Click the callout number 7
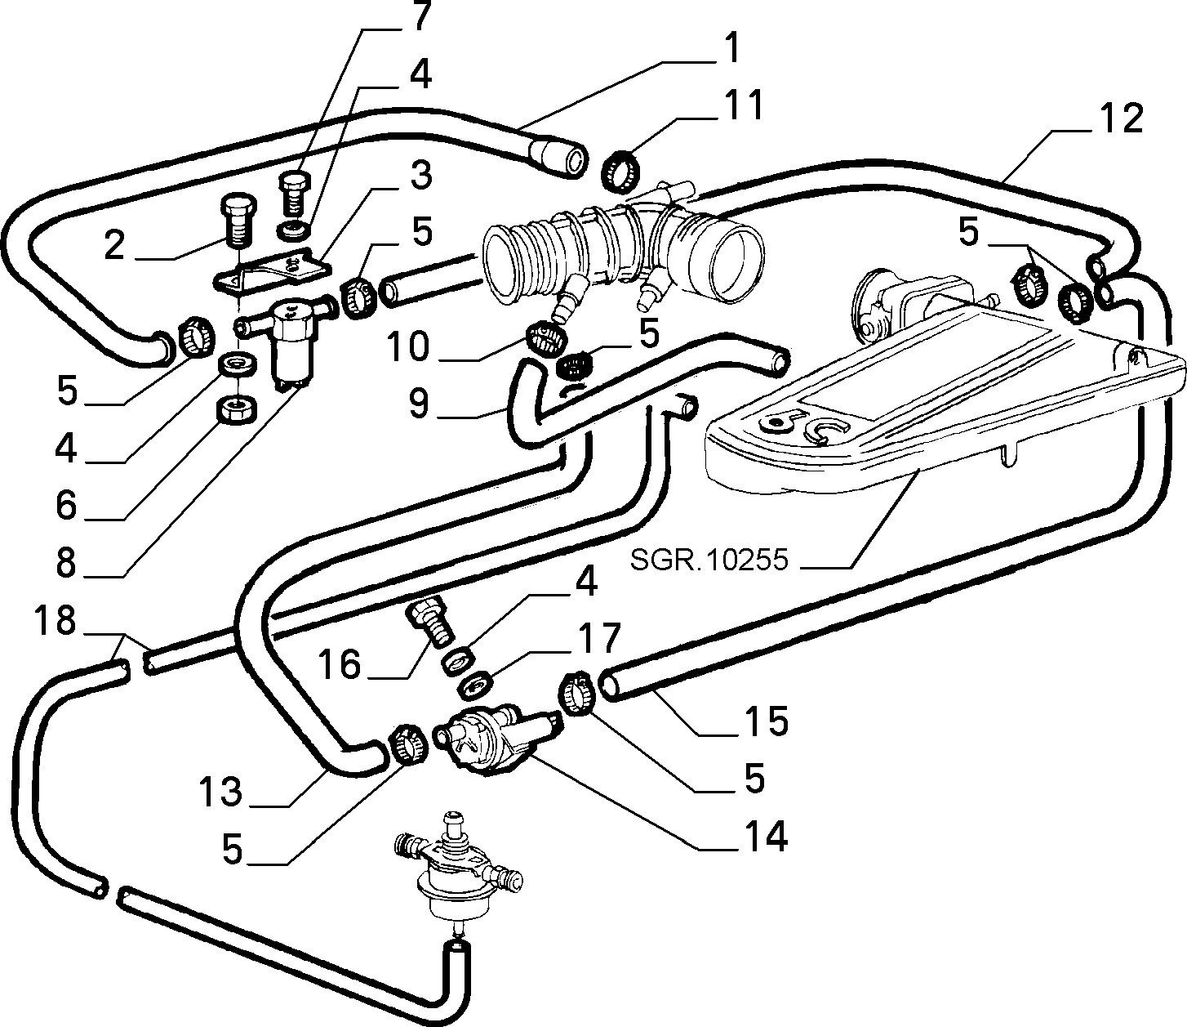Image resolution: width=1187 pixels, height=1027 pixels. [x=421, y=16]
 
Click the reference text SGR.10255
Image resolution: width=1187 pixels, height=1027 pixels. [x=709, y=559]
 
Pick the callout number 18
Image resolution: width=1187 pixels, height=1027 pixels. [x=55, y=621]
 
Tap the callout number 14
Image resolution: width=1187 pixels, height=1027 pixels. [x=767, y=836]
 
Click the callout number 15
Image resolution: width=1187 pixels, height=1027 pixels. [x=767, y=721]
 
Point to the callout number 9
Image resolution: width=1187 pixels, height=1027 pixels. [x=419, y=403]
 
